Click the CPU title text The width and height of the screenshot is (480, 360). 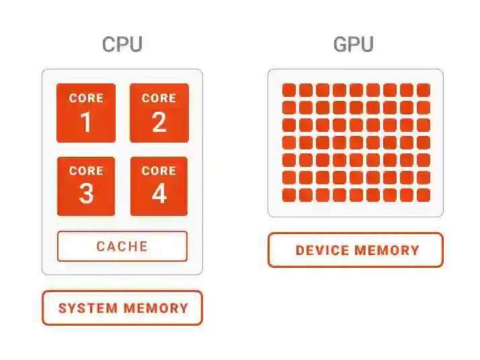click(x=122, y=45)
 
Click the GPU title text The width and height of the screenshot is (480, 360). click(x=354, y=45)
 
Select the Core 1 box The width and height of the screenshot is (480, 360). click(x=86, y=113)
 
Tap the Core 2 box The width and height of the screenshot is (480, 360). click(x=159, y=113)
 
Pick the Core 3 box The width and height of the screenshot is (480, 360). click(x=86, y=186)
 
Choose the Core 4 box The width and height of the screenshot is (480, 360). click(x=159, y=186)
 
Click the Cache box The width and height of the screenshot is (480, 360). click(x=122, y=246)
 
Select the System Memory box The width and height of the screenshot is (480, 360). click(x=122, y=308)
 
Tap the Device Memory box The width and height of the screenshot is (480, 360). click(x=356, y=250)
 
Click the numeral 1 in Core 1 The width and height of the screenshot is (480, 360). click(x=86, y=122)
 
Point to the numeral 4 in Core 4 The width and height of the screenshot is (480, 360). click(x=159, y=194)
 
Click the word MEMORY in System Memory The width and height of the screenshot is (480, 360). click(x=156, y=309)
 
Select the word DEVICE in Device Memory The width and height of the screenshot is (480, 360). click(x=322, y=251)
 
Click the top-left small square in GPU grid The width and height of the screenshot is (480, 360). click(x=289, y=90)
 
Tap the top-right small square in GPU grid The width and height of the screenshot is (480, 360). click(x=424, y=90)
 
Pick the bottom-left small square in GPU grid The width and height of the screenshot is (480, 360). click(x=289, y=195)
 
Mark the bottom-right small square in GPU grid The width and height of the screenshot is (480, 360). click(x=424, y=195)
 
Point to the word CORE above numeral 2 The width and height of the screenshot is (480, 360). click(x=159, y=98)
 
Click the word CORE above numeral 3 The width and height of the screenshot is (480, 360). click(x=86, y=171)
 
